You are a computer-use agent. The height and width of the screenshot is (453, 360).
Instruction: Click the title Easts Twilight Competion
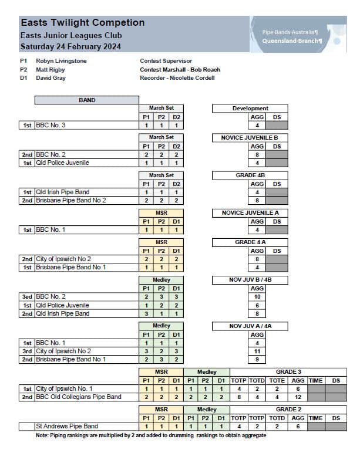[82, 23]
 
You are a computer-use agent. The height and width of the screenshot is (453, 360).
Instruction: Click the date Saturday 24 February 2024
[70, 46]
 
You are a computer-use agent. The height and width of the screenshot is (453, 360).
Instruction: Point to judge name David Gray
[51, 78]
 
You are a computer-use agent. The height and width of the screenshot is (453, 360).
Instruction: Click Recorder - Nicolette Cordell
[177, 78]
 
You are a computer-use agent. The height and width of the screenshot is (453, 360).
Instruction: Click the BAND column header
[87, 100]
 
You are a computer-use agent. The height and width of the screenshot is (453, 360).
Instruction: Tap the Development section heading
[250, 109]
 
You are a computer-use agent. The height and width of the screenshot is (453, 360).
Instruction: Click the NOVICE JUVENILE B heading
[250, 137]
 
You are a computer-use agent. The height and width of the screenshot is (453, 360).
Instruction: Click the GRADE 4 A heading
[250, 242]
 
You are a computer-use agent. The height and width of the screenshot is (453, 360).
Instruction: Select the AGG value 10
[257, 297]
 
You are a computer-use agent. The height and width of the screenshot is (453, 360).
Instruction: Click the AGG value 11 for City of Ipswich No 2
[257, 351]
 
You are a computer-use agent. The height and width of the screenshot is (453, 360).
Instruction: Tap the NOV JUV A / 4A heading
[250, 326]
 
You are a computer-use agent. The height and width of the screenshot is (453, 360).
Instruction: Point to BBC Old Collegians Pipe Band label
[79, 397]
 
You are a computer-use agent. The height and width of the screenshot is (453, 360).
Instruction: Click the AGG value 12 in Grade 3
[298, 397]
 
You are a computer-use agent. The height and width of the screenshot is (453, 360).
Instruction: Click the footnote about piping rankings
[147, 435]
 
